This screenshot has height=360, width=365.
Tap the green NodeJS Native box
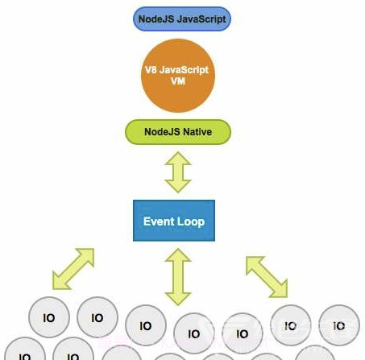pyautogui.click(x=176, y=131)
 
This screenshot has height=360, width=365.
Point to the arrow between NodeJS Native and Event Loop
pyautogui.click(x=176, y=172)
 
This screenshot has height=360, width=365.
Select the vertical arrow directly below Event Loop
pyautogui.click(x=176, y=275)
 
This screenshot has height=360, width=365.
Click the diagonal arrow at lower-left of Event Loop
pyautogui.click(x=73, y=268)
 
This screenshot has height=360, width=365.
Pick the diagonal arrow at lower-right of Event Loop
pyautogui.click(x=266, y=275)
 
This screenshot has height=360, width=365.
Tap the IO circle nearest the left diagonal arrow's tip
pyautogui.click(x=48, y=318)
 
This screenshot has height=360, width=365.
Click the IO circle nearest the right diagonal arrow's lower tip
pyautogui.click(x=291, y=324)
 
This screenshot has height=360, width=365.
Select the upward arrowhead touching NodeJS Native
pyautogui.click(x=176, y=157)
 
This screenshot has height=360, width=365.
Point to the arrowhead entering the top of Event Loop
pyautogui.click(x=176, y=187)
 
